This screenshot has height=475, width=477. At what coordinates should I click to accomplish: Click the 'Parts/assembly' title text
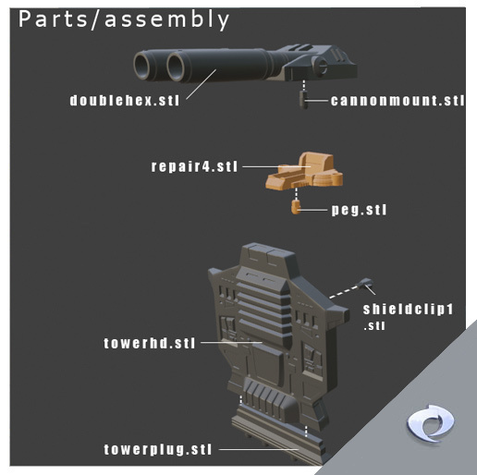[x=124, y=20]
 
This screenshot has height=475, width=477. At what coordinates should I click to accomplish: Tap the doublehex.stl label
[x=125, y=101]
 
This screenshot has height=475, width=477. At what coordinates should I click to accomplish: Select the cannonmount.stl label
[x=397, y=101]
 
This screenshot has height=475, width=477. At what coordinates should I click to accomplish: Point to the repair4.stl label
[x=194, y=166]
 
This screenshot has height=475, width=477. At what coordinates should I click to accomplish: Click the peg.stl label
[x=359, y=210]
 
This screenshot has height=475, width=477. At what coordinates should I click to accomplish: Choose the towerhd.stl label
[x=150, y=343]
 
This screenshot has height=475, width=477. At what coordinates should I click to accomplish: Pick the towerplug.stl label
[x=158, y=449]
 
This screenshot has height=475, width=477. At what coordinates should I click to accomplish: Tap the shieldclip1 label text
[x=408, y=310]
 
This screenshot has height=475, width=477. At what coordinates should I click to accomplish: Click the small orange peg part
[x=296, y=206]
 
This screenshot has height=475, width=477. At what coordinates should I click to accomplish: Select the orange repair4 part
[x=304, y=171]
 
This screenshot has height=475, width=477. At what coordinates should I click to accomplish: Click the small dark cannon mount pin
[x=303, y=99]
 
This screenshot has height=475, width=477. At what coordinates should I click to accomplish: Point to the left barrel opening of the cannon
[x=142, y=66]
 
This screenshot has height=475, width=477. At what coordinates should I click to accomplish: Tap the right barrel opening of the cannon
[x=176, y=67]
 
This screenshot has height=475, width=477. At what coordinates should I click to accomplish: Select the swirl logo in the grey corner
[x=430, y=423]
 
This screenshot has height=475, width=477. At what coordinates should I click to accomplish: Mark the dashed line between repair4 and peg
[x=296, y=194]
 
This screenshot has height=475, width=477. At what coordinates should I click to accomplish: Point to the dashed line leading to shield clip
[x=345, y=291]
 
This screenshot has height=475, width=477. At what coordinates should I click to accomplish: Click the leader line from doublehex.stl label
[x=201, y=84]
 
